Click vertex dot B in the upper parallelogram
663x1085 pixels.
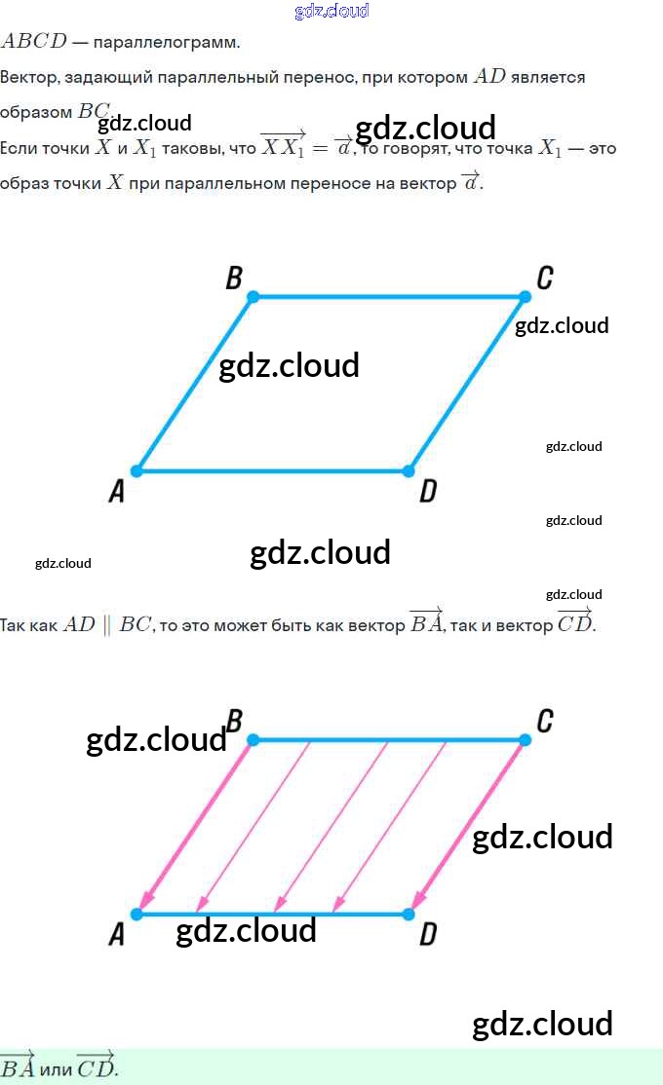[253, 296]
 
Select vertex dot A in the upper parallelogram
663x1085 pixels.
[136, 471]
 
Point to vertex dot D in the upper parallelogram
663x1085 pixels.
[409, 471]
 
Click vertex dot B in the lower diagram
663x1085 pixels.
[253, 740]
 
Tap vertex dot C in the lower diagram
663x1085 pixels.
[525, 740]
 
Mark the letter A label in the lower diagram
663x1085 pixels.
[117, 936]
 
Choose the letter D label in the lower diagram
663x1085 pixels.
[427, 936]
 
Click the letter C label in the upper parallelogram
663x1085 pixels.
[544, 279]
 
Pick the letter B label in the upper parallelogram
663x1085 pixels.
[234, 279]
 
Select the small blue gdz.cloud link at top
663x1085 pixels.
[331, 11]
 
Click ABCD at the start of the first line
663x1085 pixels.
[34, 42]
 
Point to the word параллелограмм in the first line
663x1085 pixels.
[166, 43]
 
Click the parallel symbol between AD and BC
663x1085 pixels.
[107, 625]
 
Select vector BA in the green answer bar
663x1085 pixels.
[18, 1066]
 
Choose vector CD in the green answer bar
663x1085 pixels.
[95, 1066]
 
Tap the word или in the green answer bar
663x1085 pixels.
[56, 1068]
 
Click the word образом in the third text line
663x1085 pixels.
[36, 112]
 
